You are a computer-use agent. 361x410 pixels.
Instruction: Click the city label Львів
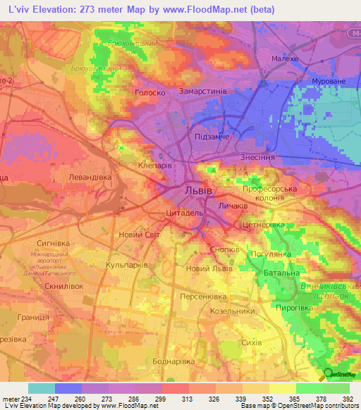coord(197,191)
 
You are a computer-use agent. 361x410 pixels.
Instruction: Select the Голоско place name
coord(149,92)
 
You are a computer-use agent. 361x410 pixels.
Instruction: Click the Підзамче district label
coord(212,136)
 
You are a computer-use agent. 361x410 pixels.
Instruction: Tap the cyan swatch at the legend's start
coord(41,387)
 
